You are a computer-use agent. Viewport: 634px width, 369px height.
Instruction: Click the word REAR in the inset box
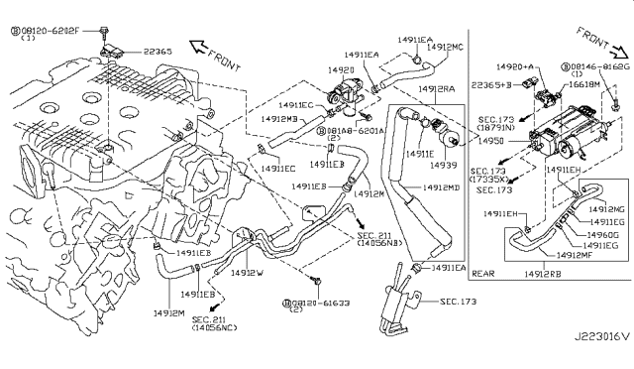pyautogui.click(x=482, y=273)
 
